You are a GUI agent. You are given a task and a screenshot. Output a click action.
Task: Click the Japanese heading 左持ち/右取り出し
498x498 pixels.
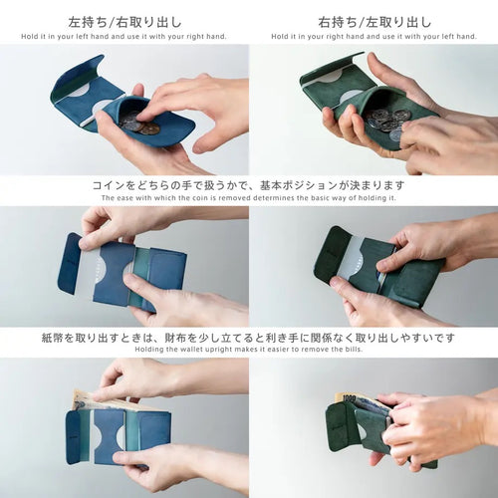[x=124, y=22]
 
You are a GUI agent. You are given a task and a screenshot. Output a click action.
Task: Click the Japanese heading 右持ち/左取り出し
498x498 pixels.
[x=374, y=22]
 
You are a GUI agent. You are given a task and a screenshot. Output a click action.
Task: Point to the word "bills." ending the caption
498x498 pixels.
[x=352, y=350]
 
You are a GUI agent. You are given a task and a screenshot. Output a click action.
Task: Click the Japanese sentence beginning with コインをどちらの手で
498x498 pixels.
[x=249, y=185]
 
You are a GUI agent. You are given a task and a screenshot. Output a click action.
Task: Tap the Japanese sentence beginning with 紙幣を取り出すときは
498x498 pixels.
[x=248, y=338]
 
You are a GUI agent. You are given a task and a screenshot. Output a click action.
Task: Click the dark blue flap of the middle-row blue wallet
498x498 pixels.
[x=71, y=264]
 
